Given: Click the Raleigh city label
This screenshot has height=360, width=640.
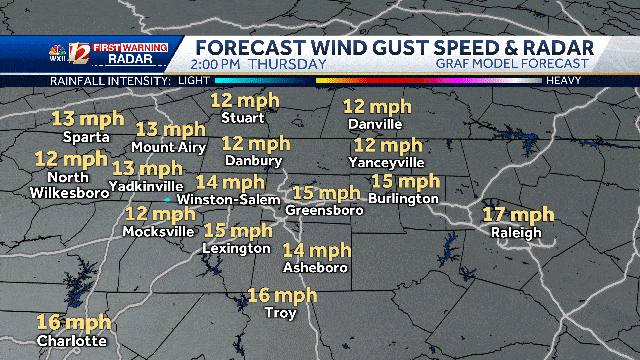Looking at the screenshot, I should pyautogui.click(x=516, y=233).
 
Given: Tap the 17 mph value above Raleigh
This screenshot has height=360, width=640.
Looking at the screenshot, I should pyautogui.click(x=518, y=215).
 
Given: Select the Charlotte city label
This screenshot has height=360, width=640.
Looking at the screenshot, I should pyautogui.click(x=71, y=341).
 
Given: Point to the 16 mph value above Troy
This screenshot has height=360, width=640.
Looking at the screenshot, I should pyautogui.click(x=282, y=295).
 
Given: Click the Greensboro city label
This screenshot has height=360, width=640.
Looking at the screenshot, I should pyautogui.click(x=324, y=211).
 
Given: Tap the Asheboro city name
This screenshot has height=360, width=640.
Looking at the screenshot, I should pyautogui.click(x=315, y=268).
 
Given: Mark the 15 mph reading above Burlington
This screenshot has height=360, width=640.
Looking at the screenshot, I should pyautogui.click(x=405, y=181).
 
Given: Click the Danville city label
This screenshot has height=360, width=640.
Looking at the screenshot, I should pyautogui.click(x=375, y=124).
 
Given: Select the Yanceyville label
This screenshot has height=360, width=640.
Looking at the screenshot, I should pyautogui.click(x=389, y=162).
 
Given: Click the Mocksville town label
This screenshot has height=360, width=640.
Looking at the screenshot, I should pyautogui.click(x=158, y=231).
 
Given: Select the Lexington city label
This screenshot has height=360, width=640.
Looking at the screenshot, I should pyautogui.click(x=236, y=248).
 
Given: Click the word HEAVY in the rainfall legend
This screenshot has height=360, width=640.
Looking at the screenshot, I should pyautogui.click(x=564, y=79).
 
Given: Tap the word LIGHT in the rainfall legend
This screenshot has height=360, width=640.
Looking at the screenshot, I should pyautogui.click(x=189, y=79).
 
